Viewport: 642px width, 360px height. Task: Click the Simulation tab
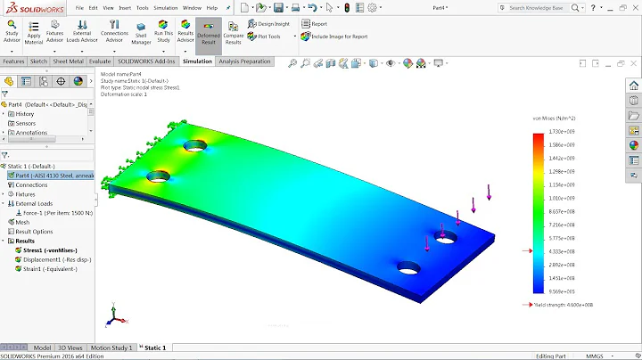pyautogui.click(x=197, y=61)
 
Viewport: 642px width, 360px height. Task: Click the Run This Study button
pyautogui.click(x=163, y=33)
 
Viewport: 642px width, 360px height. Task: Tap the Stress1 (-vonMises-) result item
pyautogui.click(x=45, y=250)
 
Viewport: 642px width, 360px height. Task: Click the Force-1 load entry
pyautogui.click(x=59, y=213)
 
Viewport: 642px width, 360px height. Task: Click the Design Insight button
pyautogui.click(x=273, y=25)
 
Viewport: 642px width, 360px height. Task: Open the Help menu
pyautogui.click(x=211, y=7)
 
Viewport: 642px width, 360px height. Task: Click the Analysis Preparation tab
pyautogui.click(x=244, y=61)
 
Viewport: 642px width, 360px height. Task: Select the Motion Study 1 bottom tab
pyautogui.click(x=112, y=348)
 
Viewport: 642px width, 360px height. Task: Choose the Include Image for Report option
pyautogui.click(x=339, y=37)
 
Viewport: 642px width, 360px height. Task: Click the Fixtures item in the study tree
pyautogui.click(x=25, y=194)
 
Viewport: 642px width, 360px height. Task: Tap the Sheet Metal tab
pyautogui.click(x=68, y=61)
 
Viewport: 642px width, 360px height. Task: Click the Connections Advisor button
pyautogui.click(x=113, y=33)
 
